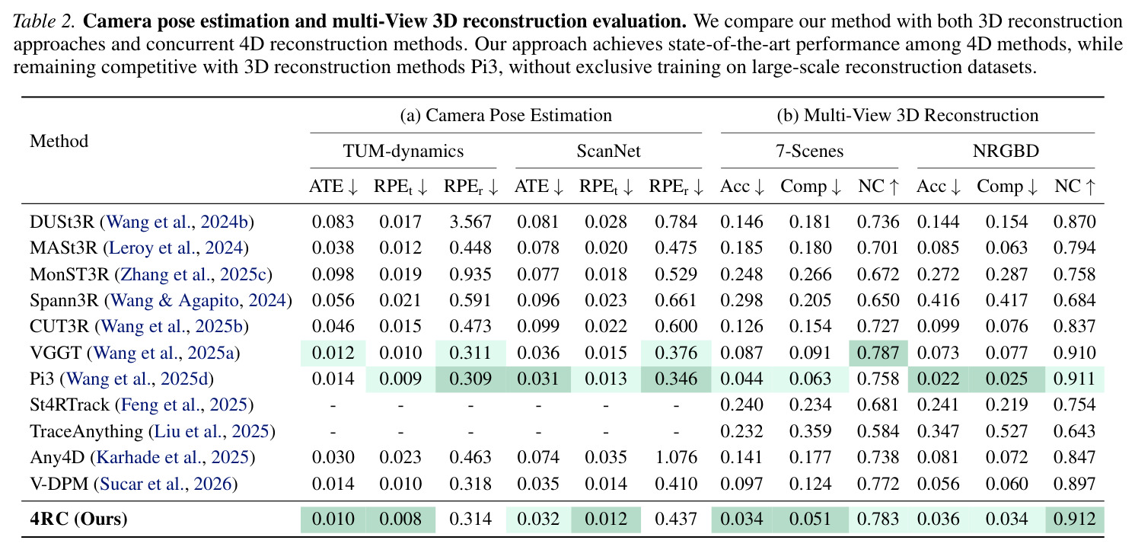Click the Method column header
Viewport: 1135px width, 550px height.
59,141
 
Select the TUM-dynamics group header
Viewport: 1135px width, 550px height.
403,151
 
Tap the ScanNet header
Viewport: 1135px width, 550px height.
608,151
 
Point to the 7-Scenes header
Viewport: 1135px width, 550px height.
810,151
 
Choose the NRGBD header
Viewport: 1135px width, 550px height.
1006,151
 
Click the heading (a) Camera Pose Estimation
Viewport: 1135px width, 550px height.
506,116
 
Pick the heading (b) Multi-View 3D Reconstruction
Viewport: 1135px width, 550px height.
907,116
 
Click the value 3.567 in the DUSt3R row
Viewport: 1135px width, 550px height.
470,222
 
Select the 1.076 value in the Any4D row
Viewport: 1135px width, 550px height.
676,457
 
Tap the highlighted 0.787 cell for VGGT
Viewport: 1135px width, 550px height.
878,353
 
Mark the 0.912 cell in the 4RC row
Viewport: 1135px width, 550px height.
1074,519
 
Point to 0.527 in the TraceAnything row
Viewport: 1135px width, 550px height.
1006,431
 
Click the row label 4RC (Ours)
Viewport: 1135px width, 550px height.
78,519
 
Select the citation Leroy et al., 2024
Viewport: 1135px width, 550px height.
177,248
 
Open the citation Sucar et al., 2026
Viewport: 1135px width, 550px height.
166,484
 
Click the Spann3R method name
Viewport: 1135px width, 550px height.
64,301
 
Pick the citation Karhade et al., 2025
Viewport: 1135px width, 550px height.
172,458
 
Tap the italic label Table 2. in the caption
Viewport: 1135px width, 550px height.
44,22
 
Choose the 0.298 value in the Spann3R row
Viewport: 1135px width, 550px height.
741,301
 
